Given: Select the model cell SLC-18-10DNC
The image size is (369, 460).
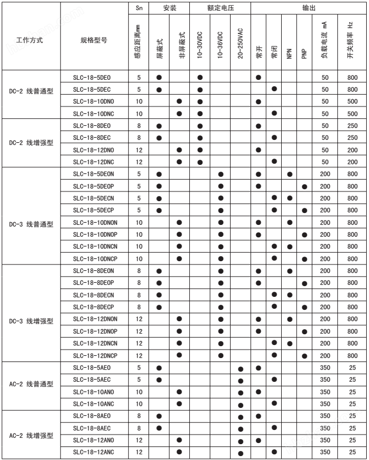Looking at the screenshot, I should pyautogui.click(x=94, y=113).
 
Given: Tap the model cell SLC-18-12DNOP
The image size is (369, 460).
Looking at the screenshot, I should pyautogui.click(x=95, y=331).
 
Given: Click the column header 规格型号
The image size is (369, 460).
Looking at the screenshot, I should pyautogui.click(x=93, y=41).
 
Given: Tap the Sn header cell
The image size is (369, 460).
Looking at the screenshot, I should pyautogui.click(x=139, y=10).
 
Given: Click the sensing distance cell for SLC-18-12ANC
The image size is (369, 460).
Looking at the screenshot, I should pyautogui.click(x=139, y=452).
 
